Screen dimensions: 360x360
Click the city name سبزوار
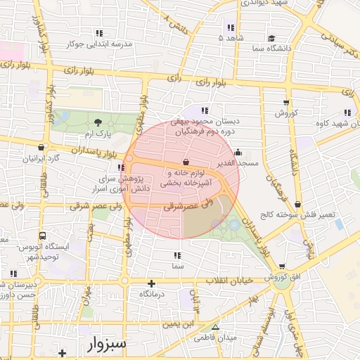108,345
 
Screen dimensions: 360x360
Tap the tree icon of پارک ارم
98,122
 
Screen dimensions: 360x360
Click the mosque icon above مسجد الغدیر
238,153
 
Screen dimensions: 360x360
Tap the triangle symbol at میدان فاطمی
216,327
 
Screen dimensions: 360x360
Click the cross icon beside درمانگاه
152,283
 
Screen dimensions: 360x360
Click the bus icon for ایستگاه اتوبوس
44,236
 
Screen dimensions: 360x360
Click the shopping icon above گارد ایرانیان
43,148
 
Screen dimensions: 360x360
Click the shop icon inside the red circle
185,162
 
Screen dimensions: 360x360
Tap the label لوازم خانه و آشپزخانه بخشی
185,177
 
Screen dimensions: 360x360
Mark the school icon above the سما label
177,255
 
